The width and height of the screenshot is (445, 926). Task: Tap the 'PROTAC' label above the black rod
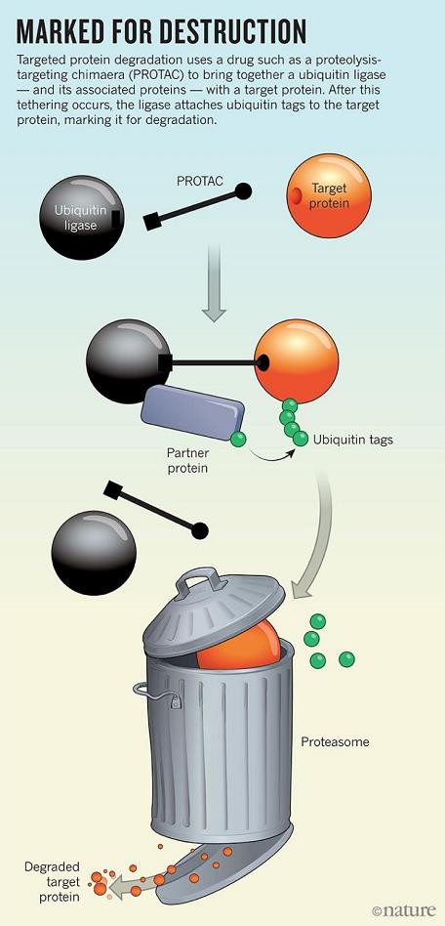200,182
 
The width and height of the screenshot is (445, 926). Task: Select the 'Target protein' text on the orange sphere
329,196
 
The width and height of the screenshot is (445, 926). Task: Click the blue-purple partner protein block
192,412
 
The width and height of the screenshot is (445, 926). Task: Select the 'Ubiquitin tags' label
353,440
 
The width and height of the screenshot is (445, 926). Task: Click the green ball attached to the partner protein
238,439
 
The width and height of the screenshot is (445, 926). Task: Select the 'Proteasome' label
336,741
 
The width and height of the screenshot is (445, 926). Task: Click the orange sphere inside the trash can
237,646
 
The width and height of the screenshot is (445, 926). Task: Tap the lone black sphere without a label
94,553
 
